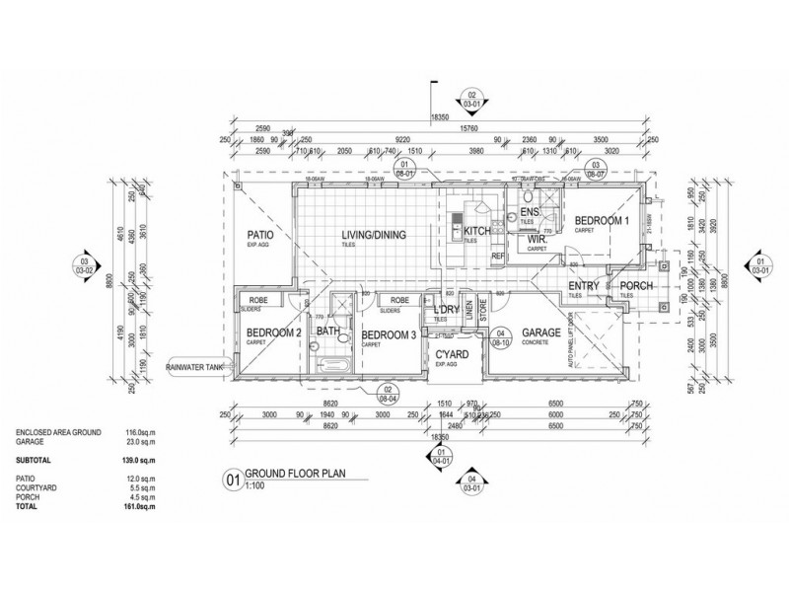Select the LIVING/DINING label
tap(374, 234)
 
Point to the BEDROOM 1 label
tap(603, 221)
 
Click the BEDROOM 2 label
tap(273, 333)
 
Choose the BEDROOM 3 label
tap(390, 333)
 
